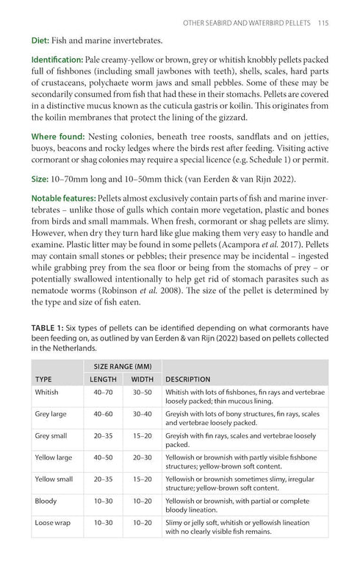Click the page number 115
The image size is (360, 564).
(323, 23)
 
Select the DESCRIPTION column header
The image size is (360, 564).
(192, 379)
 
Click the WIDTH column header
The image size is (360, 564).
(143, 379)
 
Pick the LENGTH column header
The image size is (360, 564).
(103, 379)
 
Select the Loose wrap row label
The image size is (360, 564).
(53, 522)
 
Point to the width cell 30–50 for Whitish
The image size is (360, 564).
(143, 393)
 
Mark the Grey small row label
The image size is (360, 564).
(52, 436)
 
